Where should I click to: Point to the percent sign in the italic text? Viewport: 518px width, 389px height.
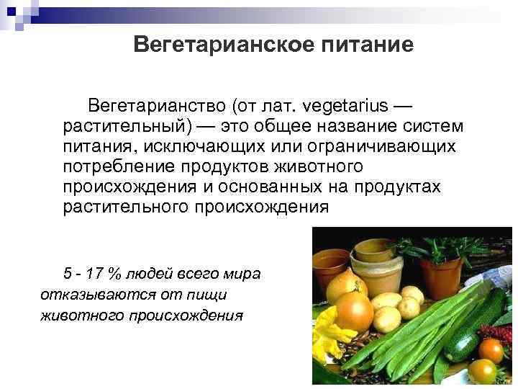tap(113, 274)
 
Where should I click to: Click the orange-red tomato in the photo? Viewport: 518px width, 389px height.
tap(491, 351)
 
